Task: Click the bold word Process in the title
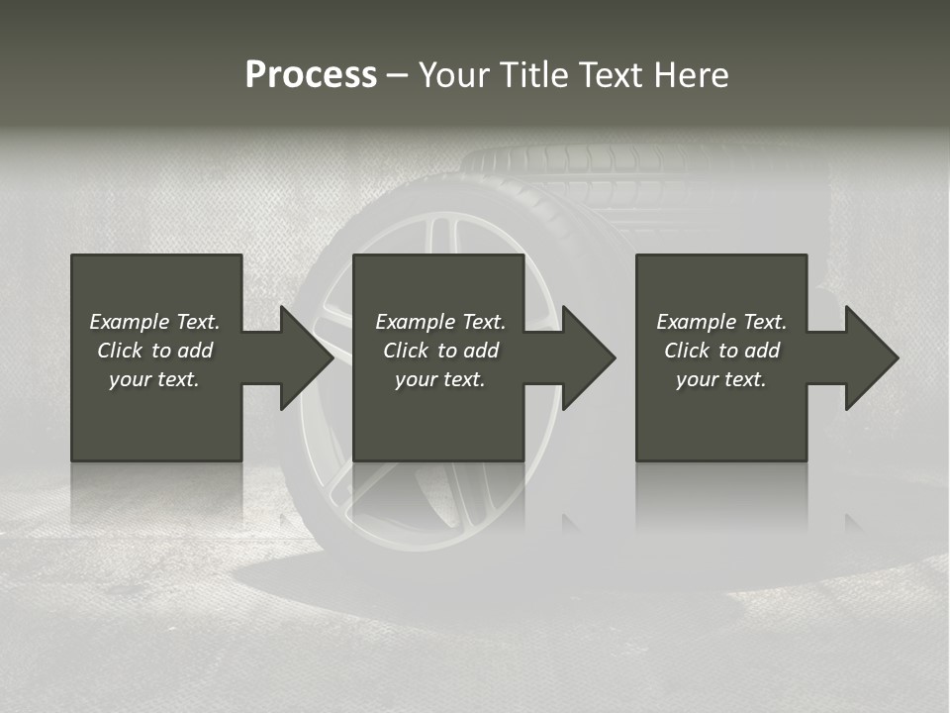(x=311, y=75)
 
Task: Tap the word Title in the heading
(x=530, y=75)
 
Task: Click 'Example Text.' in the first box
(x=154, y=322)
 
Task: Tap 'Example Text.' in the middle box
(x=440, y=322)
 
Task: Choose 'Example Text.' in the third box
(x=721, y=322)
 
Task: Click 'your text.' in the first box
(x=154, y=379)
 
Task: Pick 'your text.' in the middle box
(x=440, y=379)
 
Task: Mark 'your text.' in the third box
(x=721, y=379)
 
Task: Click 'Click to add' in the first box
(x=154, y=351)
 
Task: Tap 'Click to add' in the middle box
(x=440, y=351)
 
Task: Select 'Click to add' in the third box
(x=721, y=351)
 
